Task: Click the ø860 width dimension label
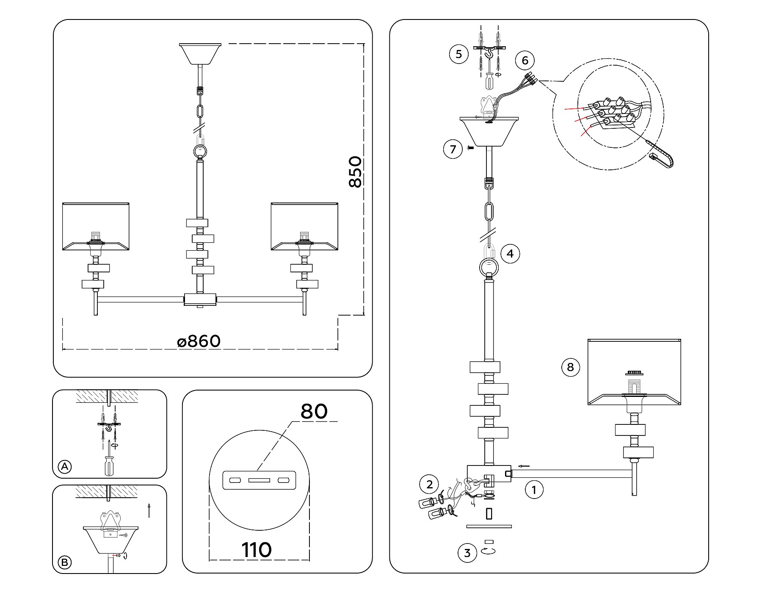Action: [x=199, y=341]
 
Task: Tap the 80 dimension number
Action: [x=314, y=411]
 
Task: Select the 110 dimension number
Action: [x=257, y=550]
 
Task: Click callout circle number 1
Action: [x=534, y=490]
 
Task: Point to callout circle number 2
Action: [x=430, y=484]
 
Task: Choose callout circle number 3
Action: [x=467, y=553]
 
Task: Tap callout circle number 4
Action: [x=510, y=253]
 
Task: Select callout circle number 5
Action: [x=458, y=54]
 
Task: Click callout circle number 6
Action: [x=525, y=60]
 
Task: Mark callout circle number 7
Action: [x=453, y=149]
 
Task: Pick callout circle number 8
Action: [x=570, y=367]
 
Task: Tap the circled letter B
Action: [x=64, y=563]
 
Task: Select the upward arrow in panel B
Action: [x=149, y=510]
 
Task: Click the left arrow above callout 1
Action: [x=524, y=466]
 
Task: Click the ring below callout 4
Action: [x=489, y=267]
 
